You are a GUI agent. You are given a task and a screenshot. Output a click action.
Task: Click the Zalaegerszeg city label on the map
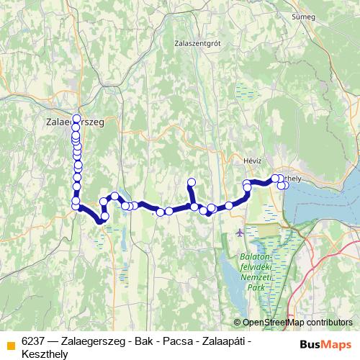75,123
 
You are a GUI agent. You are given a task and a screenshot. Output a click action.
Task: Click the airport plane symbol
239,233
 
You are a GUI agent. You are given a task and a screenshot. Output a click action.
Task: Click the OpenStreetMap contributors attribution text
297,323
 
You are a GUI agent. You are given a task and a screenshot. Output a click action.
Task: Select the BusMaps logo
325,344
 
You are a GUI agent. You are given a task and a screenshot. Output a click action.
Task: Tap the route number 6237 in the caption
34,341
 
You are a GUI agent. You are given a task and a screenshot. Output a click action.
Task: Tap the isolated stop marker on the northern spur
192,182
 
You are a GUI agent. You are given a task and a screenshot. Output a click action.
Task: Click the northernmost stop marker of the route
76,118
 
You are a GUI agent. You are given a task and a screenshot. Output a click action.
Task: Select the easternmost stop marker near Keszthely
285,185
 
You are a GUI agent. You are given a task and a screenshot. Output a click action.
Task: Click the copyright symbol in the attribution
238,323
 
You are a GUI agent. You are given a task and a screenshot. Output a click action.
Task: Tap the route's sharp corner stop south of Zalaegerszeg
76,207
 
